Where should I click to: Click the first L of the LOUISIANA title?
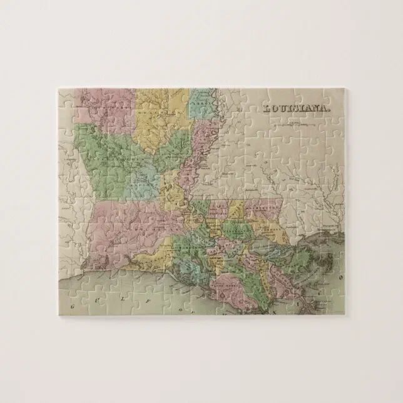[x=267, y=108]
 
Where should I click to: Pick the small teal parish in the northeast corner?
[x=201, y=103]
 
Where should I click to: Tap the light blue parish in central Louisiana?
[x=145, y=181]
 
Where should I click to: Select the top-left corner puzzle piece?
[x=68, y=98]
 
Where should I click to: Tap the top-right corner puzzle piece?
[x=335, y=98]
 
